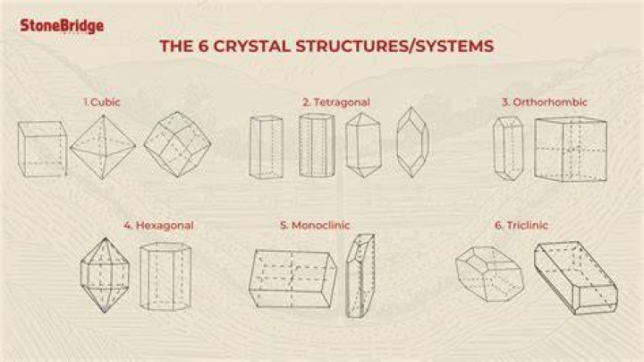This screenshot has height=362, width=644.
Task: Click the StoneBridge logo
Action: pyautogui.click(x=62, y=26)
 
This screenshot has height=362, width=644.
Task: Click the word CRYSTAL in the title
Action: pyautogui.click(x=251, y=46)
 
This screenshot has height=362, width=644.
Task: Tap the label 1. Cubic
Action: pyautogui.click(x=102, y=102)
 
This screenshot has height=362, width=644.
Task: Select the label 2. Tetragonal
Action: pyautogui.click(x=336, y=102)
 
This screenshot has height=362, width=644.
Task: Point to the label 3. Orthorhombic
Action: pyautogui.click(x=544, y=102)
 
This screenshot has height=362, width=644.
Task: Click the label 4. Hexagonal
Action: pyautogui.click(x=158, y=225)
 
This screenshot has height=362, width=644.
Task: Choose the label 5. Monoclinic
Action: pyautogui.click(x=315, y=225)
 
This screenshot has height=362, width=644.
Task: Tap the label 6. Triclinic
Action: pyautogui.click(x=521, y=225)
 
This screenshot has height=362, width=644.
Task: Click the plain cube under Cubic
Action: pyautogui.click(x=42, y=149)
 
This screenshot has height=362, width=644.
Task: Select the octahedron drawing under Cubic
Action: pyautogui.click(x=103, y=147)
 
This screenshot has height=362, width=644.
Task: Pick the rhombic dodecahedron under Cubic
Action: pyautogui.click(x=177, y=144)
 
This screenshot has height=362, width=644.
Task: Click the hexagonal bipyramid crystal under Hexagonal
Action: pyautogui.click(x=106, y=275)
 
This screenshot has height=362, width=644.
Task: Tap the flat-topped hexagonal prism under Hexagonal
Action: pyautogui.click(x=165, y=276)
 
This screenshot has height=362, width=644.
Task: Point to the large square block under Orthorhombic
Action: pyautogui.click(x=571, y=150)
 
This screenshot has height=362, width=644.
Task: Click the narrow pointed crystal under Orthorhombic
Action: pyautogui.click(x=508, y=149)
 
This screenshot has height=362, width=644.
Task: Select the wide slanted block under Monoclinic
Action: pyautogui.click(x=292, y=279)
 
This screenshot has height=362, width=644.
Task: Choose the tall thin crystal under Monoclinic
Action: pyautogui.click(x=360, y=276)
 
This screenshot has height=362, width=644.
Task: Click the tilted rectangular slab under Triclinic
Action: pyautogui.click(x=576, y=278)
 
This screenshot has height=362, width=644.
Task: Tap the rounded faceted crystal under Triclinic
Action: pyautogui.click(x=489, y=274)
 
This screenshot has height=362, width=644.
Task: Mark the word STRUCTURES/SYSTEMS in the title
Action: pyautogui.click(x=394, y=46)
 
